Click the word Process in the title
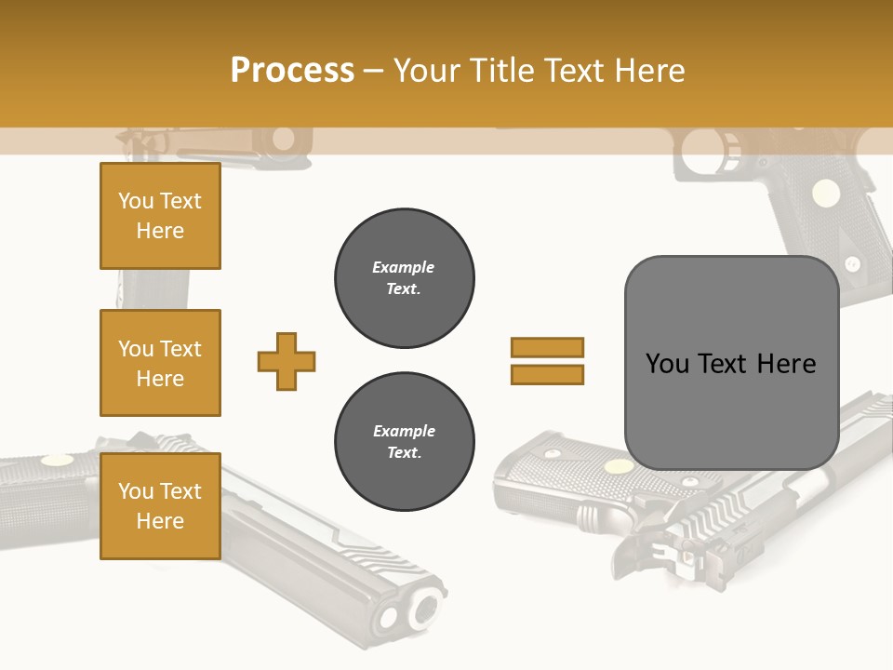tap(292, 71)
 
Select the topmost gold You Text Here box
tap(160, 216)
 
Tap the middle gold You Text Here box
tap(160, 363)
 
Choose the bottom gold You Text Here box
tap(160, 505)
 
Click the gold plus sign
tap(287, 361)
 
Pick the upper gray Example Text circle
tap(404, 277)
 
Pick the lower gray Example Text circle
tap(404, 441)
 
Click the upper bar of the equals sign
tap(547, 347)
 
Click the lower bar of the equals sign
tap(547, 374)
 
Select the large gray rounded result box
tap(731, 363)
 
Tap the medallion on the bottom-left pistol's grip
tap(58, 459)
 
